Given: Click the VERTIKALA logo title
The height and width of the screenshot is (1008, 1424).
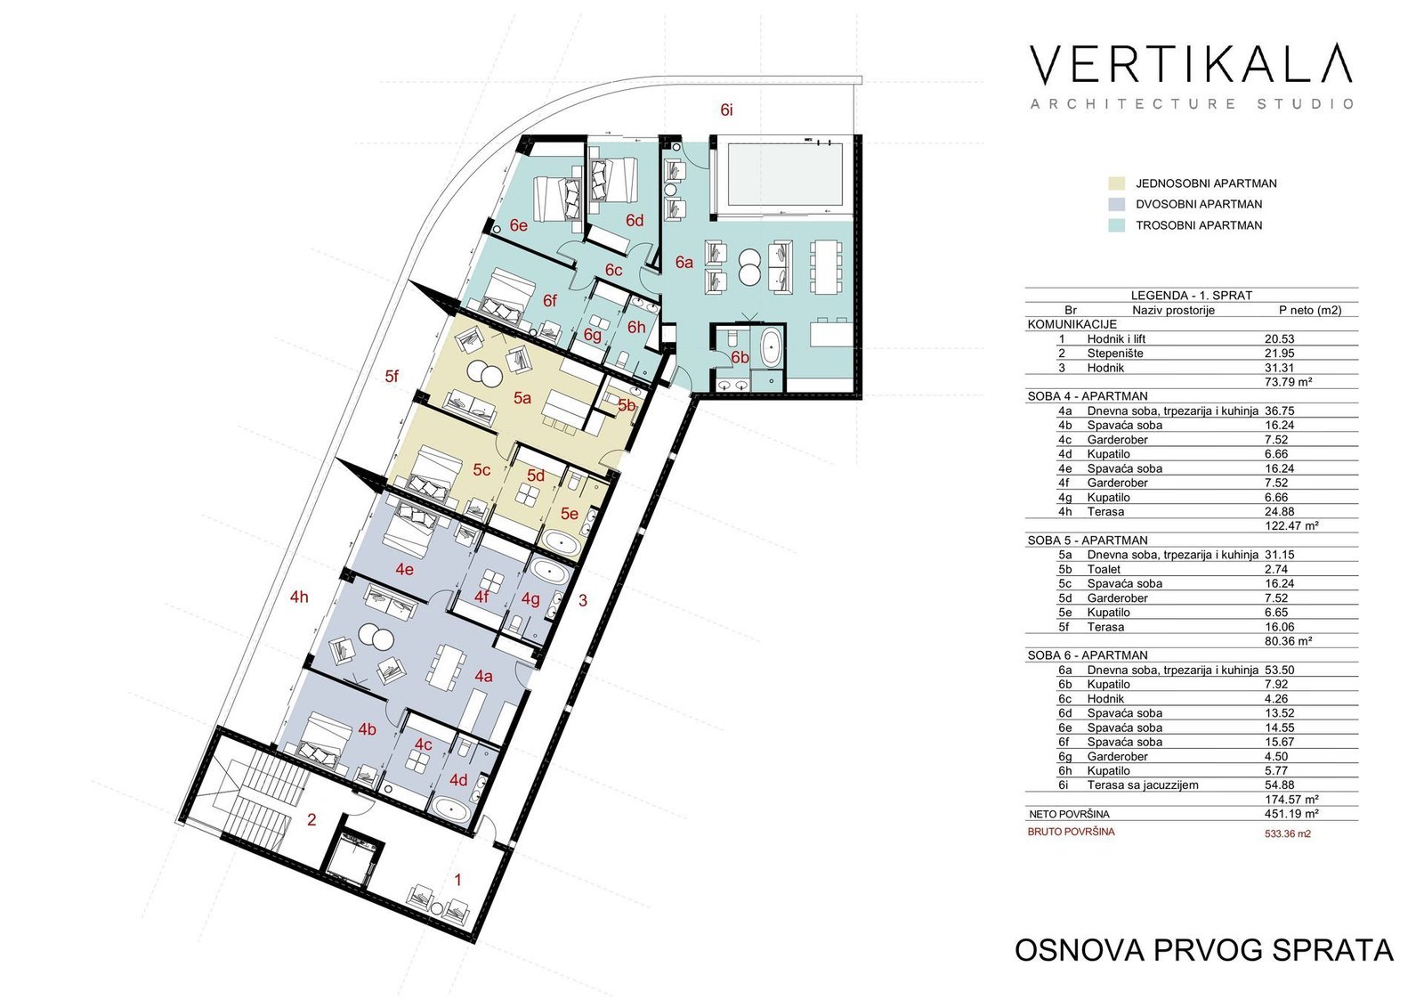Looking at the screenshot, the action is coord(1190,64).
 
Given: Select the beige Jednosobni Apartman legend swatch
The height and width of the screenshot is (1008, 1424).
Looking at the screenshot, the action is coord(1116,183).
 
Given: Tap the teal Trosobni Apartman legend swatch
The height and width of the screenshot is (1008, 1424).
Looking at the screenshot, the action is coord(1116,225).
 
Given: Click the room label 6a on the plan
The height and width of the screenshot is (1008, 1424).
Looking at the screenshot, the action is coord(684,262).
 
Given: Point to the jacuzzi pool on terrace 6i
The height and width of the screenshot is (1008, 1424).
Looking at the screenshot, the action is coord(785,174).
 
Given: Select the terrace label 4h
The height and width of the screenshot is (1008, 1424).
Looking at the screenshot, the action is coord(299,597).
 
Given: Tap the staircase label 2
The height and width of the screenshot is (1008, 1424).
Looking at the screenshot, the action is coord(311,820).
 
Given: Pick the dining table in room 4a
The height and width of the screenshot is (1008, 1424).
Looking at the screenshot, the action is coord(444,665).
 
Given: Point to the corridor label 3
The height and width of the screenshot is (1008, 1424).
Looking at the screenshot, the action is coord(583,600).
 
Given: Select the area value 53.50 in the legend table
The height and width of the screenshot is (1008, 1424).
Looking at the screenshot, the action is coord(1280,670).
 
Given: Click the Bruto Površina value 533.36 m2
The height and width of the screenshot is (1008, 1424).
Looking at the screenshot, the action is coord(1287,833).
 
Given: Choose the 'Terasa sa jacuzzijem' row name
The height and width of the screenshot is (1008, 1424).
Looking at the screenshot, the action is coord(1143,785).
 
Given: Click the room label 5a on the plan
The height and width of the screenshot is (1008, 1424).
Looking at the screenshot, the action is coord(522,398).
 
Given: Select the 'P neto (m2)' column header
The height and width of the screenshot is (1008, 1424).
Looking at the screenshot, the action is coord(1310,311).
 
